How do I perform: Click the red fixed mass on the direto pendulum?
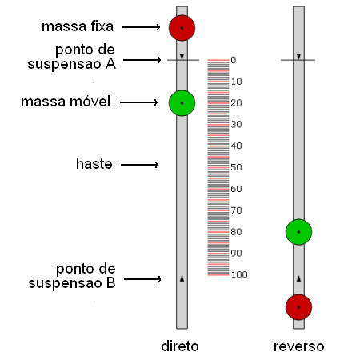tap(182, 28)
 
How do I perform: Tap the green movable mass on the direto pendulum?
tap(182, 103)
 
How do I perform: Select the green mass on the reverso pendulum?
tap(298, 232)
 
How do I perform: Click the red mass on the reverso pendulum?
tap(298, 307)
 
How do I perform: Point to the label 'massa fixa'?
tap(78, 26)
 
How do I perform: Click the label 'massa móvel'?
tap(66, 102)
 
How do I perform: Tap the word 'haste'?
tap(94, 163)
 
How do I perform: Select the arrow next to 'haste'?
tap(140, 165)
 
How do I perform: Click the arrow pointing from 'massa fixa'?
tap(141, 27)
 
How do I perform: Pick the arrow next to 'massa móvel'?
tap(139, 102)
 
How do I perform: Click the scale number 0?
tap(234, 60)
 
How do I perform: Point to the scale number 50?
tap(236, 167)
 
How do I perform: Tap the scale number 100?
tap(239, 274)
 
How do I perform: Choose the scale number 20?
tap(236, 103)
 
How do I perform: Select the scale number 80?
tap(236, 232)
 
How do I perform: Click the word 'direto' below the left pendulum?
tap(180, 346)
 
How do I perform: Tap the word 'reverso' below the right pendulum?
tap(299, 346)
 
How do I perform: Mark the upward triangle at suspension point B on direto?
tap(182, 278)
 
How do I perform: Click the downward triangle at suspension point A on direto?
tap(182, 56)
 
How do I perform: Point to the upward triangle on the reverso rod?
tap(298, 278)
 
